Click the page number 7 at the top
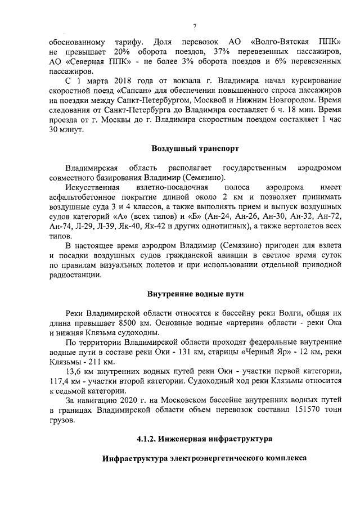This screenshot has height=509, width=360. pos(195,25)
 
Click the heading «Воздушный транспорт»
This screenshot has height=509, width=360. pos(195,149)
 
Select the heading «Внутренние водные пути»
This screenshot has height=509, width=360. pos(195,294)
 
